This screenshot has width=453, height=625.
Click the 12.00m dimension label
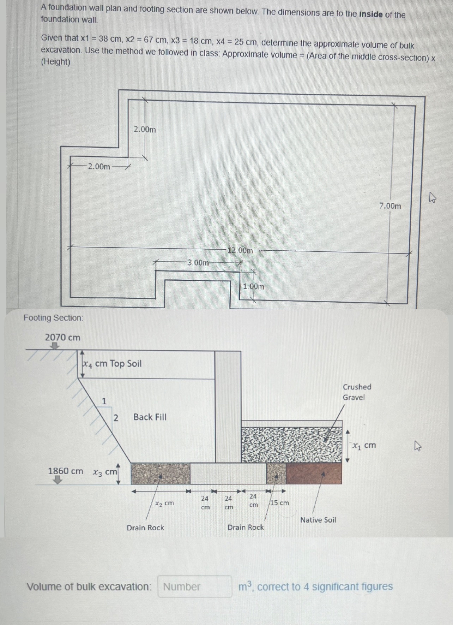pyautogui.click(x=240, y=251)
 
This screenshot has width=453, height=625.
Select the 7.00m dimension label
pyautogui.click(x=390, y=206)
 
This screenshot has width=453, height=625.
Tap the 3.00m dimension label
pyautogui.click(x=198, y=263)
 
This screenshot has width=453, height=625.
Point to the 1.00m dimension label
pyautogui.click(x=254, y=286)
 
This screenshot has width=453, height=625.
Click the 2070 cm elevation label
pyautogui.click(x=62, y=337)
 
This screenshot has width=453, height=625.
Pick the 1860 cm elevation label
pyautogui.click(x=66, y=471)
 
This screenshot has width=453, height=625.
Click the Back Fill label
pyautogui.click(x=150, y=417)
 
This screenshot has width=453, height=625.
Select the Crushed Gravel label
pyautogui.click(x=357, y=392)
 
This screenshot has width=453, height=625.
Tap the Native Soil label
pyautogui.click(x=318, y=520)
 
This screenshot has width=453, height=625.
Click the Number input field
pyautogui.click(x=195, y=587)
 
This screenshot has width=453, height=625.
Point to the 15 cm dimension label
pyautogui.click(x=280, y=502)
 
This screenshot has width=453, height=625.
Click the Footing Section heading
pyautogui.click(x=54, y=318)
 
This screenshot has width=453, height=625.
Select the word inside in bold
pyautogui.click(x=371, y=14)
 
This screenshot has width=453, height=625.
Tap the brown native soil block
pyautogui.click(x=314, y=474)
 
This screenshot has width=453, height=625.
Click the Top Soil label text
pyautogui.click(x=125, y=363)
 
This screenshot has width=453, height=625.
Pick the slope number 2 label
pyautogui.click(x=115, y=418)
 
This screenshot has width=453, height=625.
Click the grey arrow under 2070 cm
pyautogui.click(x=54, y=346)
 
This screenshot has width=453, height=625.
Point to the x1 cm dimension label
pyautogui.click(x=364, y=446)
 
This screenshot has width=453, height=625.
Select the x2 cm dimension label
pyautogui.click(x=164, y=503)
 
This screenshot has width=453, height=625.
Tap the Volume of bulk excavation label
pyautogui.click(x=89, y=587)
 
